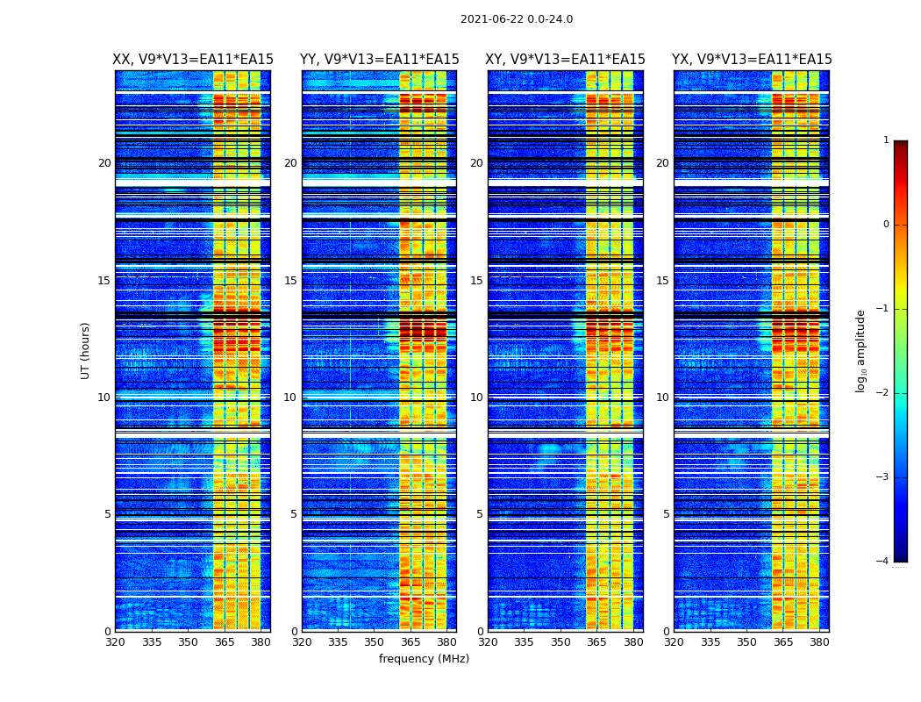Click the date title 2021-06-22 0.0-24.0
516,19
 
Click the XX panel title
193,60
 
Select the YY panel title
379,60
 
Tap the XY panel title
565,60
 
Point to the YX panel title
752,60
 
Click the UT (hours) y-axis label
86,350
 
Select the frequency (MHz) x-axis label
424,659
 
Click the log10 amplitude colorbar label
861,350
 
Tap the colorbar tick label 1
886,140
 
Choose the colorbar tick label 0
886,225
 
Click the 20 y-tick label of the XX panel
104,163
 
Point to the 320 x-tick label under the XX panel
115,642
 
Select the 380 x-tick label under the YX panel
819,642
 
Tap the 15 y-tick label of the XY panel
476,281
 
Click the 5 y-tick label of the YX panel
666,514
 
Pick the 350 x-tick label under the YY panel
375,642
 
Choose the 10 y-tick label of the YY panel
290,398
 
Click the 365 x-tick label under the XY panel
596,642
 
